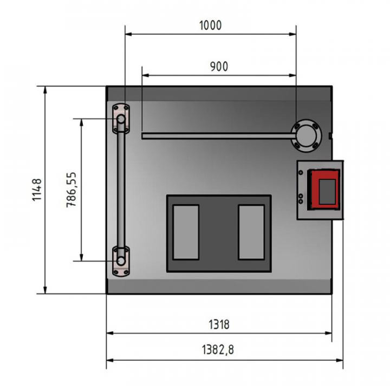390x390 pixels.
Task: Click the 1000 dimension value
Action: coord(210,25)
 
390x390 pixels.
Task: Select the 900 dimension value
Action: coord(219,67)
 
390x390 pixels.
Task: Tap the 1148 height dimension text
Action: coord(37,190)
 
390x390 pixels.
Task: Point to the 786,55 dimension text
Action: coord(71,190)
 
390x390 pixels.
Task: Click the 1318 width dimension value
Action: coord(219,324)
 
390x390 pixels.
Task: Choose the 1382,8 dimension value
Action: coord(218,349)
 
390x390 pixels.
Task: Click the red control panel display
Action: coord(324,190)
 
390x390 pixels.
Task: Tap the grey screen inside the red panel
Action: coord(327,192)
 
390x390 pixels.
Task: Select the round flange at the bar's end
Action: coord(306,136)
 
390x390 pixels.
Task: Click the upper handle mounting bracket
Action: coord(121,119)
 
